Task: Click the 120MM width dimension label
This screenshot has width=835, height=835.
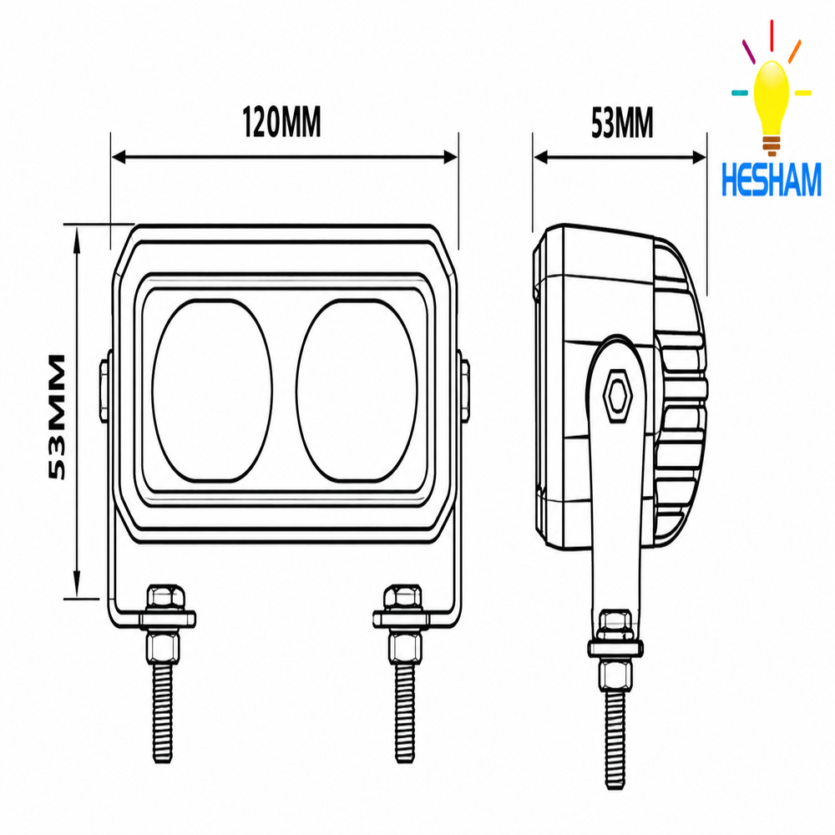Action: click(x=281, y=122)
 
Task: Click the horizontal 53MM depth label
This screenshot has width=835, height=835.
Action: click(x=622, y=123)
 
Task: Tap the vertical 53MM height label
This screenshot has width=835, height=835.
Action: click(x=57, y=417)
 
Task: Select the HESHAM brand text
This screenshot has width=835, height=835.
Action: click(x=771, y=180)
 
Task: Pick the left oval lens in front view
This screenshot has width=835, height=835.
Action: click(x=212, y=390)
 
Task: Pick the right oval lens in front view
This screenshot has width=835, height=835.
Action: click(x=357, y=390)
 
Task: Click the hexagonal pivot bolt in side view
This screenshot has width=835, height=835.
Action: click(x=618, y=396)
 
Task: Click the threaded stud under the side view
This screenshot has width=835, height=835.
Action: click(x=615, y=740)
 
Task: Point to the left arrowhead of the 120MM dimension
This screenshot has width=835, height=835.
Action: click(x=119, y=157)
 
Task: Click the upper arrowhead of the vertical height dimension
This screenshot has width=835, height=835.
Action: click(x=77, y=235)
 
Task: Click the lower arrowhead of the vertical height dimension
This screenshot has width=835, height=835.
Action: click(x=77, y=587)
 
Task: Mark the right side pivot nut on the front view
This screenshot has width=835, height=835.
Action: click(x=463, y=390)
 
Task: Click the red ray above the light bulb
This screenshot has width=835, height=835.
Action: click(x=772, y=36)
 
